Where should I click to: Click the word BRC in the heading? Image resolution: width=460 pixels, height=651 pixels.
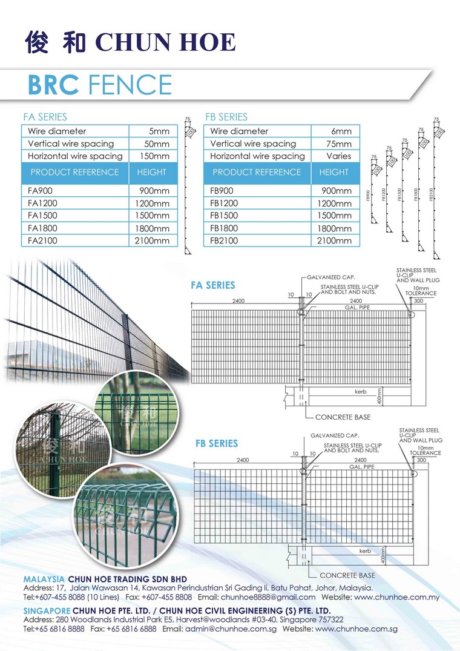[53, 85]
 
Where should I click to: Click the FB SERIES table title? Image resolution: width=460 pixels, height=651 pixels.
[226, 117]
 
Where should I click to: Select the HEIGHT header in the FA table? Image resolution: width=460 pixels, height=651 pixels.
[151, 172]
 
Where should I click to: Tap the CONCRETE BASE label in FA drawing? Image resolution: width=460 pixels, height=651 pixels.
[343, 417]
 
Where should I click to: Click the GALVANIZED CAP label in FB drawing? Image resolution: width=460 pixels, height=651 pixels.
[335, 435]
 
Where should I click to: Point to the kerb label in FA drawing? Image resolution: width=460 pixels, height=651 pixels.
[361, 392]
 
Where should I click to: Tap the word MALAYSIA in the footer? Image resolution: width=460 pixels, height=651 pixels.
[44, 578]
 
